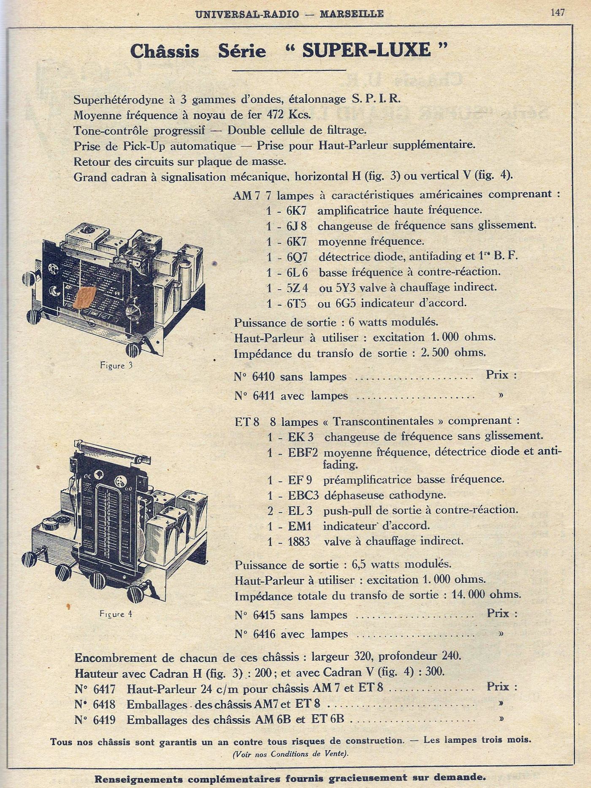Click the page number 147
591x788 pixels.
(x=557, y=13)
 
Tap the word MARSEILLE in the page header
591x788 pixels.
(x=351, y=14)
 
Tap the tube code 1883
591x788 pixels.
(x=299, y=541)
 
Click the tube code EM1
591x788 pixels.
(x=300, y=526)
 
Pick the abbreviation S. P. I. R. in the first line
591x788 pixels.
(x=376, y=99)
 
